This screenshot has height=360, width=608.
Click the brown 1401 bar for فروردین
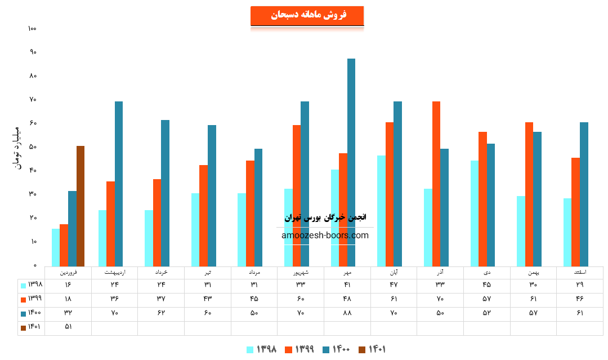(81, 206)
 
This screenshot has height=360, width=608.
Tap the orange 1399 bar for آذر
(436, 184)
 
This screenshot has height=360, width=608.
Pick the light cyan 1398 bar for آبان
(382, 211)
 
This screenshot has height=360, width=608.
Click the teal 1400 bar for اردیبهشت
(119, 184)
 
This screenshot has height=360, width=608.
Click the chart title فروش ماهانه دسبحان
(307, 15)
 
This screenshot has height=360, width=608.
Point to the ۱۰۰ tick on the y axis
(32, 28)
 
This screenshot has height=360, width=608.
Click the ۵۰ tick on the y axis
(33, 147)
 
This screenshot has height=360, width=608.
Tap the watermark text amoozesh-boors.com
(325, 235)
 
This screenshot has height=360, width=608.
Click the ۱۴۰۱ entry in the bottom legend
(373, 349)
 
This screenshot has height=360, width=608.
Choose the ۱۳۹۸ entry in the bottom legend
(262, 349)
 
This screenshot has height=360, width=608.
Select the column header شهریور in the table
(301, 272)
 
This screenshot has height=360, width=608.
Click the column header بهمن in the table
(533, 272)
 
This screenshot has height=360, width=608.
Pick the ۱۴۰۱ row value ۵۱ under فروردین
(68, 327)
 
